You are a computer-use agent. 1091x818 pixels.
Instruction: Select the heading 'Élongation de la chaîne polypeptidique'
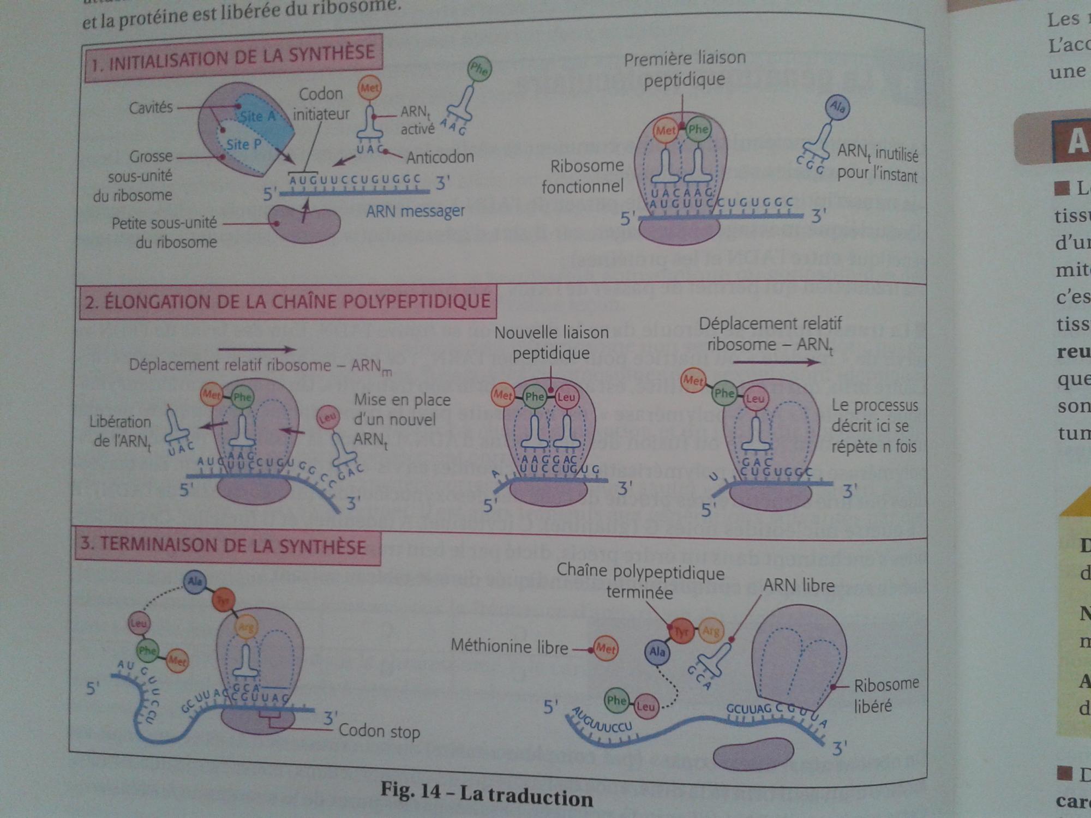tap(287, 301)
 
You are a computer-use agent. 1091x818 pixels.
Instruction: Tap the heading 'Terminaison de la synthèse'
tap(224, 546)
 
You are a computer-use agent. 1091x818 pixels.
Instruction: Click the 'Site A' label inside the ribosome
tap(257, 116)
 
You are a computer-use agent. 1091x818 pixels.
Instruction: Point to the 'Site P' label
tap(243, 145)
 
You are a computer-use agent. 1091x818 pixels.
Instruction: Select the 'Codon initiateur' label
tap(321, 104)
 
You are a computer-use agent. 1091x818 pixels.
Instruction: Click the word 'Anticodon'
tap(440, 157)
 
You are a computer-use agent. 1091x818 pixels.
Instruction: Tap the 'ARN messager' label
tap(415, 211)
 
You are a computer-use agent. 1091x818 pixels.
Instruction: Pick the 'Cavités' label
tap(151, 107)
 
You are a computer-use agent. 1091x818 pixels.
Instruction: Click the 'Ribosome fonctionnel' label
tap(585, 176)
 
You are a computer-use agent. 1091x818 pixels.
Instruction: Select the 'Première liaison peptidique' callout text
tap(685, 69)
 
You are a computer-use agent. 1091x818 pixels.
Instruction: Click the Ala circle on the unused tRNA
tap(837, 107)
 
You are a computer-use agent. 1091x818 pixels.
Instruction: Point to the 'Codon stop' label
tap(379, 731)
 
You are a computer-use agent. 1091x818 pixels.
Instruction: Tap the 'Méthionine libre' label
tap(509, 647)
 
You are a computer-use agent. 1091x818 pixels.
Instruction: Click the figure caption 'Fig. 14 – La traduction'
tap(487, 795)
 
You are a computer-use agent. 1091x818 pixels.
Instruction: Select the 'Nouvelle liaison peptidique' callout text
tap(551, 342)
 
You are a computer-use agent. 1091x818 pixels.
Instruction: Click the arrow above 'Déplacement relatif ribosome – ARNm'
tap(257, 350)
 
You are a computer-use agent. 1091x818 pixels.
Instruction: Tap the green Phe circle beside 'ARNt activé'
tap(479, 69)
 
